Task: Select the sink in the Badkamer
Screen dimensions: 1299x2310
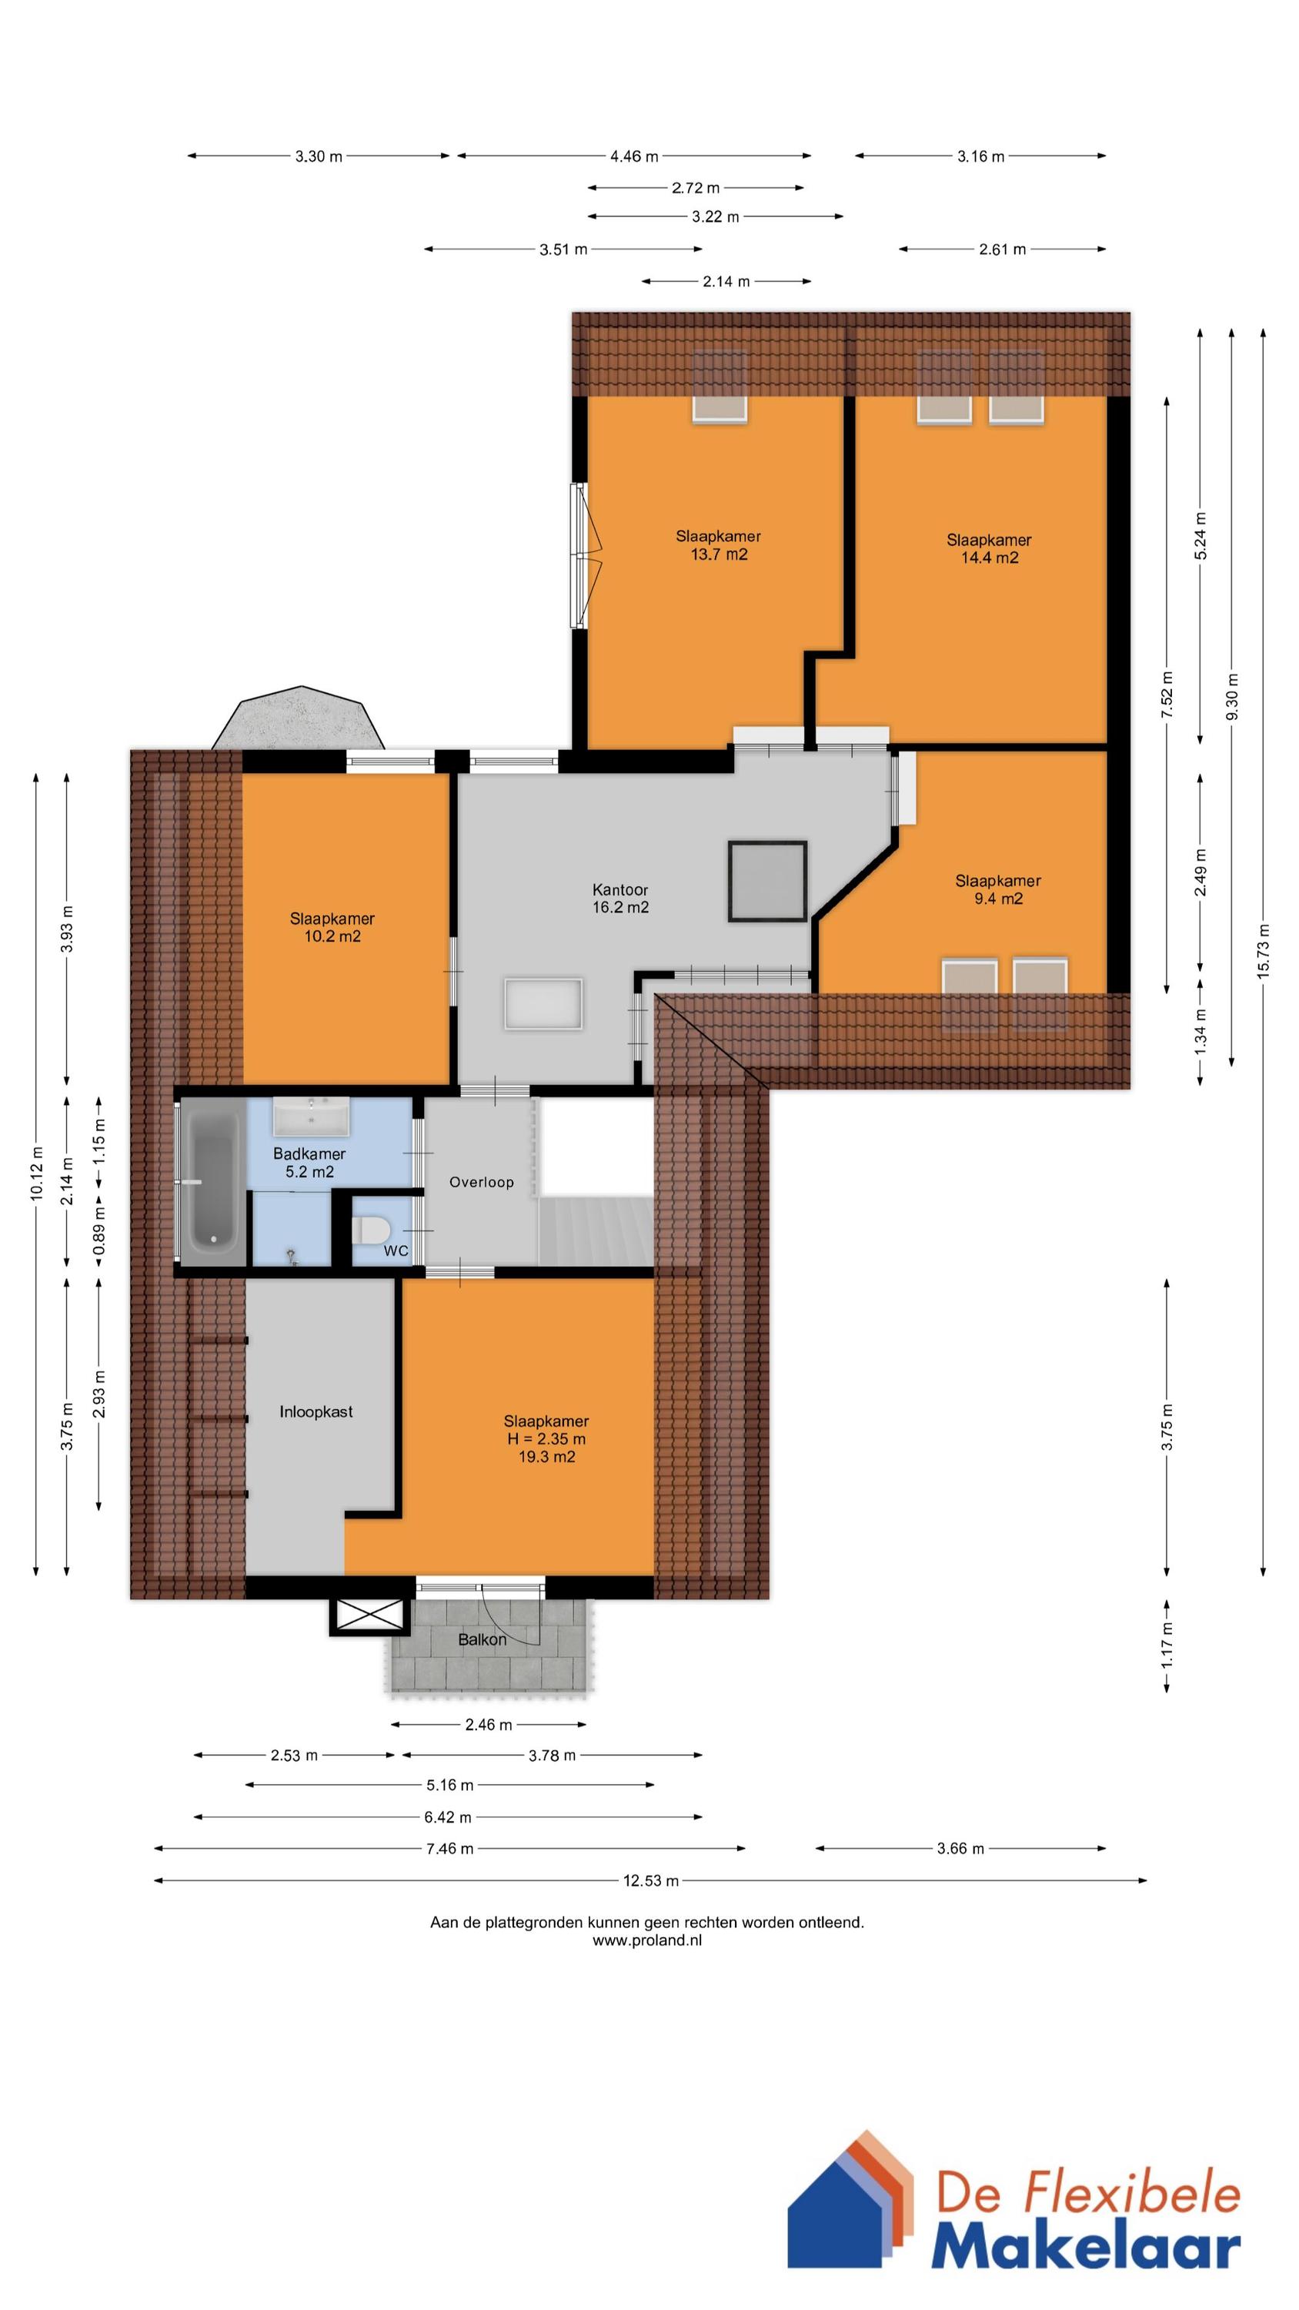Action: tap(311, 1116)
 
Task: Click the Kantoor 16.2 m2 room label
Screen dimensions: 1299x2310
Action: tap(620, 898)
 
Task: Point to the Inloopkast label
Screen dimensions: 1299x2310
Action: tap(316, 1411)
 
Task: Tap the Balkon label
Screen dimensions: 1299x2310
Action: tap(483, 1639)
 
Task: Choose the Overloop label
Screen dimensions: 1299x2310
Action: tap(482, 1182)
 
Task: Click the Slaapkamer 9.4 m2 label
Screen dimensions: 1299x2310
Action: tap(998, 889)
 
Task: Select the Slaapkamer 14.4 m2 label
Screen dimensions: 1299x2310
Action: tap(989, 549)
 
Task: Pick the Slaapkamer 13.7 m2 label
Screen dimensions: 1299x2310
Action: tap(718, 545)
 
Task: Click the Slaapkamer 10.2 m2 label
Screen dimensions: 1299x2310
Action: tap(332, 927)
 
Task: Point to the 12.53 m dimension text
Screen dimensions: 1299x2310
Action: tap(651, 1880)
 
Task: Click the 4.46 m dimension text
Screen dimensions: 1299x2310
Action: tap(634, 156)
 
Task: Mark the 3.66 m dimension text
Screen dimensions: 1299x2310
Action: tap(960, 1848)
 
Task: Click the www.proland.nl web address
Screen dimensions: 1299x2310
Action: tap(647, 1940)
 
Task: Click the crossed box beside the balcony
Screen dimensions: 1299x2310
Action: tap(369, 1616)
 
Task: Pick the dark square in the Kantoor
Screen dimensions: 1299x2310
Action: tap(767, 881)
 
